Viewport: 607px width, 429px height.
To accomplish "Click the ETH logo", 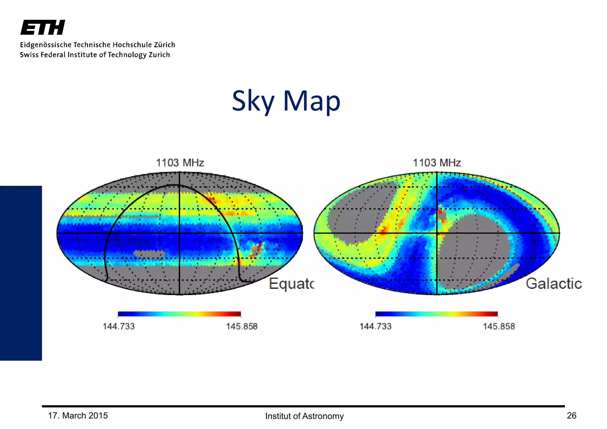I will click(43, 28).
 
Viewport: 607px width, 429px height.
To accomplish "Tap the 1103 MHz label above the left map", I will click(180, 163).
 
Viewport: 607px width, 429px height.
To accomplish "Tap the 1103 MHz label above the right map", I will click(437, 163).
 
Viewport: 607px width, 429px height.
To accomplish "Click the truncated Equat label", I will click(291, 284).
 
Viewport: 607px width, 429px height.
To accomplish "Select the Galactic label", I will click(554, 284).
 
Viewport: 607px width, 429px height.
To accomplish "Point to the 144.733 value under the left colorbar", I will click(119, 326).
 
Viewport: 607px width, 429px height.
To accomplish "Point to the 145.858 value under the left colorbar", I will click(242, 326).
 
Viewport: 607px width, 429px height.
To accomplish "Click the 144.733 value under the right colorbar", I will click(376, 326).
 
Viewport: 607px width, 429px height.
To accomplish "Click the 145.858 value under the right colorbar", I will click(499, 326).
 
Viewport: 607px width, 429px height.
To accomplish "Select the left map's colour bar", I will click(179, 314).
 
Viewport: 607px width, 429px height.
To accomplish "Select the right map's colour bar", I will click(436, 314).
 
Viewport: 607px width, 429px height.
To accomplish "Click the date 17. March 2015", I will click(78, 416).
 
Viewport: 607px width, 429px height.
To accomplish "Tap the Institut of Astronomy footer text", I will click(304, 416).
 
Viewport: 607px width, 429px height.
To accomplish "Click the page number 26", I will click(571, 416).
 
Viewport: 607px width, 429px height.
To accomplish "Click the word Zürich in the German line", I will click(164, 45).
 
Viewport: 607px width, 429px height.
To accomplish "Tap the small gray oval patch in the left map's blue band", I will click(149, 254).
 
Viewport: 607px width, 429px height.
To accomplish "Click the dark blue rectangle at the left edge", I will click(21, 273).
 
